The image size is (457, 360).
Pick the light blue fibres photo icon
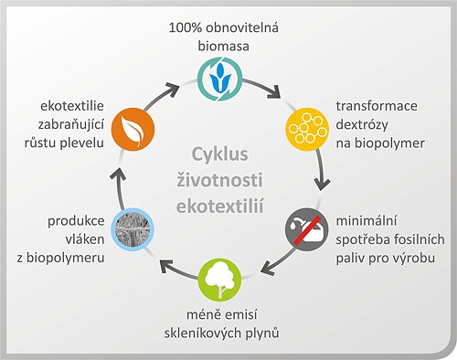point(130,228)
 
